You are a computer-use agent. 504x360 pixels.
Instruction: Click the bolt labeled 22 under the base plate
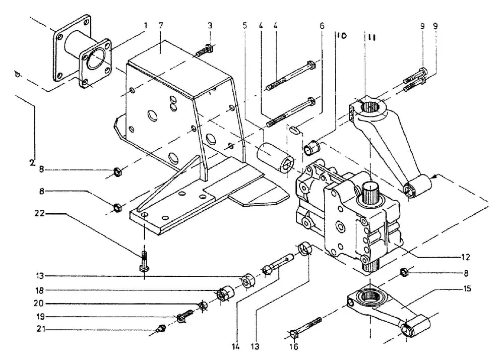(144, 261)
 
